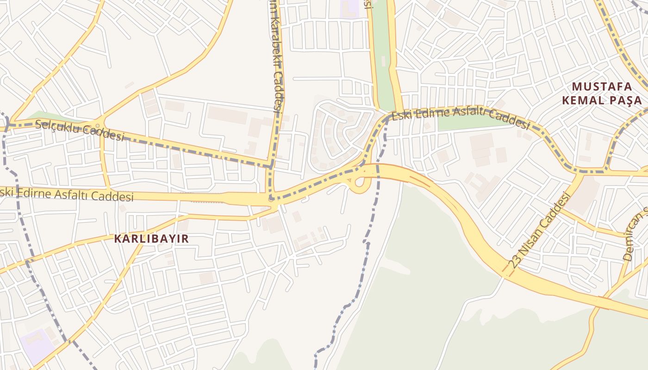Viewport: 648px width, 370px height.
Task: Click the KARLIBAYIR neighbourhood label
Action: coord(152,239)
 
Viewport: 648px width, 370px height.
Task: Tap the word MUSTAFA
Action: coord(602,86)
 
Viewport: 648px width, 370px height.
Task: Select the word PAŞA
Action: coord(626,101)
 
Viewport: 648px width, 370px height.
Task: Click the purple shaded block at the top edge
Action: coord(350,8)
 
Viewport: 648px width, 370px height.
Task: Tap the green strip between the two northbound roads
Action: coord(383,55)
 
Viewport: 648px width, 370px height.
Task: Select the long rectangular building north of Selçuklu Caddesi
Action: coord(227,115)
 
